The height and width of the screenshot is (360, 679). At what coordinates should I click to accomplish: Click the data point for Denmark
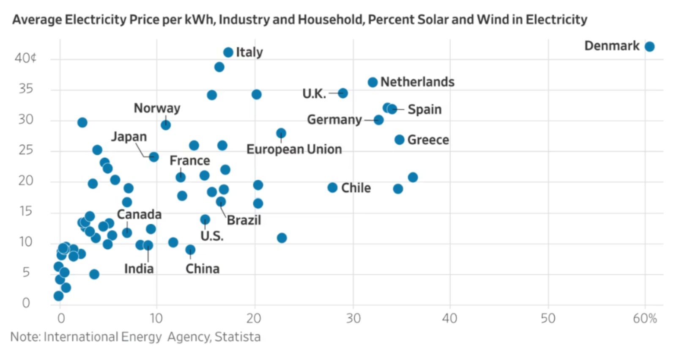click(x=649, y=47)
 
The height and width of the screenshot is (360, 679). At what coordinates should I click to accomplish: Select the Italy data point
click(x=228, y=52)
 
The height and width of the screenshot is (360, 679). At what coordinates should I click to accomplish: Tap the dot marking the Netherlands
click(x=372, y=82)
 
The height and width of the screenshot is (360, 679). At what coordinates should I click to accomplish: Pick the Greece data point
click(x=400, y=140)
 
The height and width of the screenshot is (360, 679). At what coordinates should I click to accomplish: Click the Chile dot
click(x=333, y=187)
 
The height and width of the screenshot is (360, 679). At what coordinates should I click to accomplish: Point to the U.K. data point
click(x=343, y=93)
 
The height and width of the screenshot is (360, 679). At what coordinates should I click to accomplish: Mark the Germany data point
click(x=379, y=120)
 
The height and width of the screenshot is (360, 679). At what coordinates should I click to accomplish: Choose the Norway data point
click(x=166, y=125)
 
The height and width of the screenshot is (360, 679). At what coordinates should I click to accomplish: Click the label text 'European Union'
click(x=294, y=149)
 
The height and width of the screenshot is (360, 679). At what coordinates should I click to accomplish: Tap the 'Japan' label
click(x=129, y=137)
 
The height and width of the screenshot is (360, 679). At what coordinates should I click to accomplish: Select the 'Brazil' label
click(x=244, y=220)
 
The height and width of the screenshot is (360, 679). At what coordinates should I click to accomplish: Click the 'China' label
click(x=203, y=269)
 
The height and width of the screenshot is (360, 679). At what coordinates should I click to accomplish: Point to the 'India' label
click(x=139, y=269)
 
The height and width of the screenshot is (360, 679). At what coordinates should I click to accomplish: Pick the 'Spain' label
click(x=424, y=110)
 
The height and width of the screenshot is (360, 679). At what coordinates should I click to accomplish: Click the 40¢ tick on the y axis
click(x=25, y=58)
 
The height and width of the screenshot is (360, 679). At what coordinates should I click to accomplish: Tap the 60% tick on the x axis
click(x=645, y=318)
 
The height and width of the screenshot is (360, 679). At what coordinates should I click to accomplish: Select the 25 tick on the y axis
click(x=25, y=150)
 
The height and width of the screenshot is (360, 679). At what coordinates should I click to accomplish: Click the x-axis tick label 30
click(x=353, y=318)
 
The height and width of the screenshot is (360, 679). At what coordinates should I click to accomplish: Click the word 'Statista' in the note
click(x=238, y=337)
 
